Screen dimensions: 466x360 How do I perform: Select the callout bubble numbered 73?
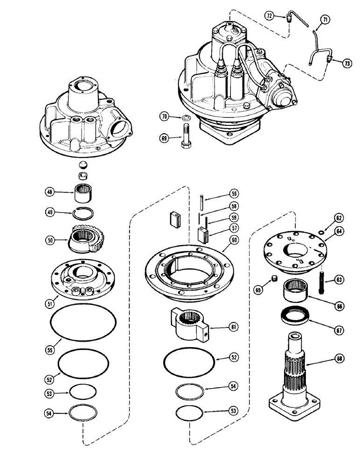(x=346, y=63)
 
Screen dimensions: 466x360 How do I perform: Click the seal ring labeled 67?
(x=295, y=318)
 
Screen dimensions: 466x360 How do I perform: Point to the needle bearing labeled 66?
(x=295, y=294)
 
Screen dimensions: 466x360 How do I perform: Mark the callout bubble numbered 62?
(x=339, y=217)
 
